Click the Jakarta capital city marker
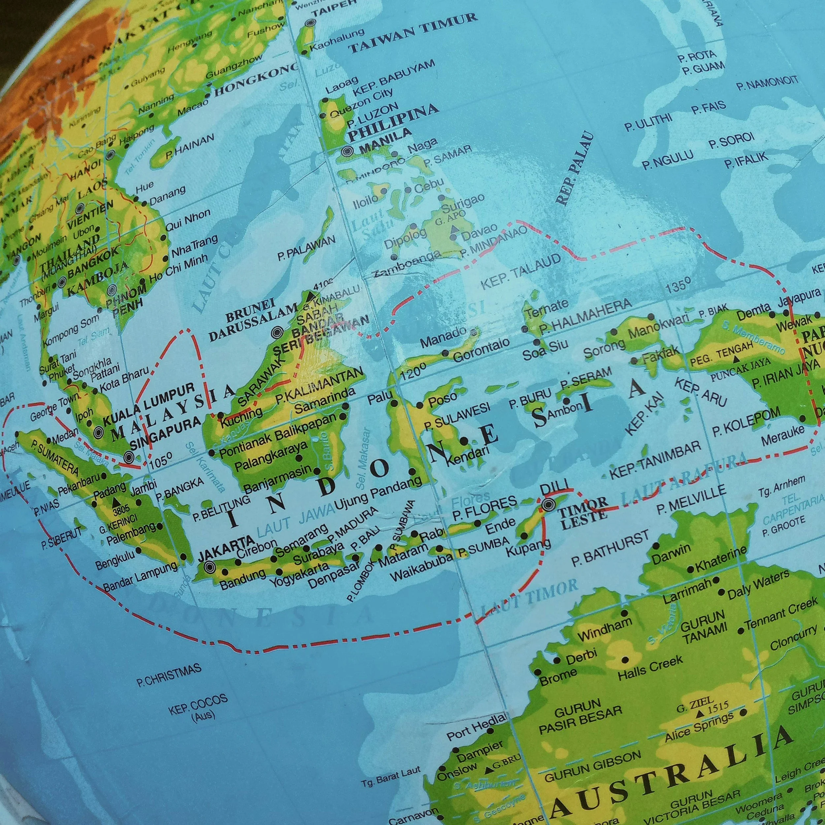pyautogui.click(x=210, y=567)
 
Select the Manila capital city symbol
pyautogui.click(x=347, y=151)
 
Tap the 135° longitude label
pyautogui.click(x=678, y=285)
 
